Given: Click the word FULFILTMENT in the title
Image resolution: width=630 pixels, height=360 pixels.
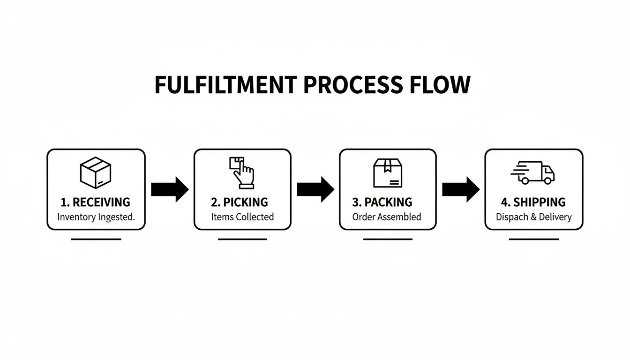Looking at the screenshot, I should pyautogui.click(x=225, y=85).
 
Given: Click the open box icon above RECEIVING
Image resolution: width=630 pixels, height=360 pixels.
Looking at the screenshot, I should pyautogui.click(x=96, y=172).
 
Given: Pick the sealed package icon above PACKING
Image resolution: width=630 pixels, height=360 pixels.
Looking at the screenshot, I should pyautogui.click(x=388, y=172).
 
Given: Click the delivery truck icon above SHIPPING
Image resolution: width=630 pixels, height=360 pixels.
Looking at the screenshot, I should pyautogui.click(x=533, y=172).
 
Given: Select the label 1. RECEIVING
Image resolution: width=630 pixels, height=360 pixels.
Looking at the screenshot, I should pyautogui.click(x=96, y=202).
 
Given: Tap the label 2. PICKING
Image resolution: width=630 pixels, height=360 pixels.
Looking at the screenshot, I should pyautogui.click(x=240, y=202).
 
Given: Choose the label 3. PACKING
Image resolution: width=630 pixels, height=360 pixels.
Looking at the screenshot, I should pyautogui.click(x=382, y=202).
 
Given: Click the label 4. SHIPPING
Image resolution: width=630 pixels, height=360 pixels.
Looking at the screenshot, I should pyautogui.click(x=533, y=202).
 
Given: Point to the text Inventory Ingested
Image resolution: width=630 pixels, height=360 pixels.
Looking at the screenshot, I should pyautogui.click(x=96, y=217).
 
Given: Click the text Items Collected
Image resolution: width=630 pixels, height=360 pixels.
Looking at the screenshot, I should pyautogui.click(x=242, y=217).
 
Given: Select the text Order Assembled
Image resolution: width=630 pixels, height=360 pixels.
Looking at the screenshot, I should pyautogui.click(x=387, y=217).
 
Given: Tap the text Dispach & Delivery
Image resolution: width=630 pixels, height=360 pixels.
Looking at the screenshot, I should pyautogui.click(x=533, y=217).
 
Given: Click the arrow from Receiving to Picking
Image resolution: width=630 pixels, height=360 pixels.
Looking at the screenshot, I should pyautogui.click(x=170, y=189).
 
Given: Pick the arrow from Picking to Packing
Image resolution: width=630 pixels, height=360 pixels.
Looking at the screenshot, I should pyautogui.click(x=315, y=189).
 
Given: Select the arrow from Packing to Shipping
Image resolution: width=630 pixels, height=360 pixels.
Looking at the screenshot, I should pyautogui.click(x=461, y=189).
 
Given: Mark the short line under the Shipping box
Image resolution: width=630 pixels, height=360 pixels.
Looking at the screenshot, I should pyautogui.click(x=534, y=239).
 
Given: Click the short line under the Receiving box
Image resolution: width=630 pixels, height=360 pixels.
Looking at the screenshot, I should pyautogui.click(x=96, y=239).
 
